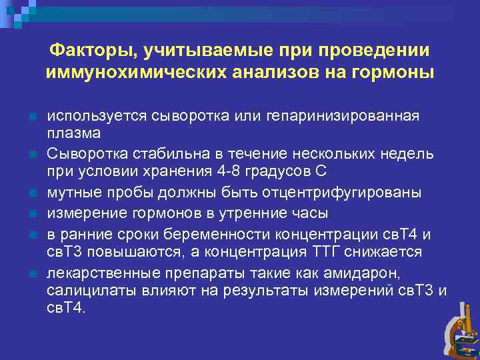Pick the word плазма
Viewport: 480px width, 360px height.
[73, 132]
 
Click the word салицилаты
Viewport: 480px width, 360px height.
[86, 291]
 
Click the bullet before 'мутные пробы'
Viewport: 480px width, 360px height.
[32, 194]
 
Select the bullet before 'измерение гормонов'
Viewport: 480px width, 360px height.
[32, 215]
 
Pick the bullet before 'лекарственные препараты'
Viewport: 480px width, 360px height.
[32, 274]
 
